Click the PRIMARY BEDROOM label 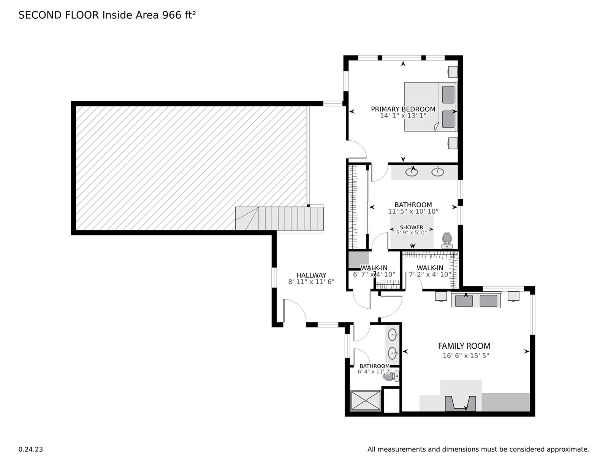pyautogui.click(x=403, y=109)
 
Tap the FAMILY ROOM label pyautogui.click(x=464, y=346)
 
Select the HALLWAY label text pyautogui.click(x=311, y=275)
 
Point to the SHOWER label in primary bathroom pyautogui.click(x=411, y=227)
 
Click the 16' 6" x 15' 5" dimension pyautogui.click(x=465, y=356)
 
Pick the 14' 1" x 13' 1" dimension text pyautogui.click(x=403, y=116)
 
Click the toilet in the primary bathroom pyautogui.click(x=447, y=240)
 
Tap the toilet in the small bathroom pyautogui.click(x=391, y=376)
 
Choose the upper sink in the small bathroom pyautogui.click(x=393, y=335)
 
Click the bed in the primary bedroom pyautogui.click(x=431, y=106)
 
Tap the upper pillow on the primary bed pyautogui.click(x=448, y=95)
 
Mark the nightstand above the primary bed pyautogui.click(x=453, y=71)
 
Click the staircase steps pyautogui.click(x=280, y=218)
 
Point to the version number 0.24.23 pyautogui.click(x=30, y=449)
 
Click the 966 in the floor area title pyautogui.click(x=172, y=15)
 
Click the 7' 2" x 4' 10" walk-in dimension pyautogui.click(x=430, y=275)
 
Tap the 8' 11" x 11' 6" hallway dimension pyautogui.click(x=311, y=282)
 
